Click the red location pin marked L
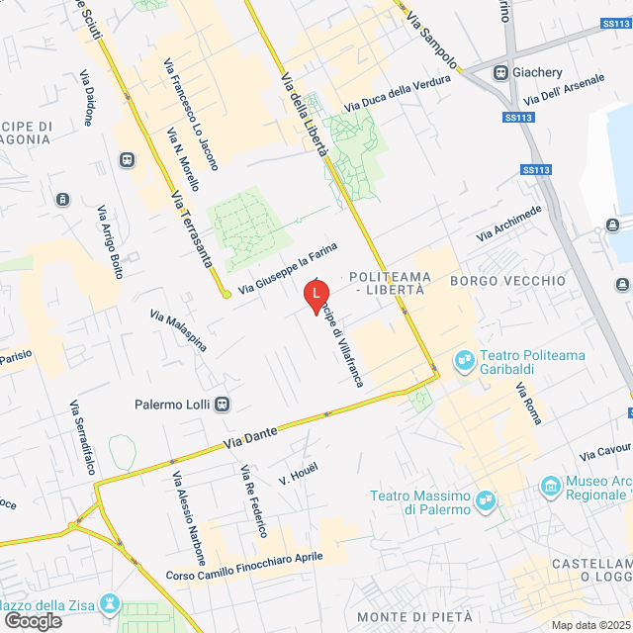click(316, 296)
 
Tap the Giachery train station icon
click(502, 72)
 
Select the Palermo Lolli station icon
click(224, 404)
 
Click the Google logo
click(33, 620)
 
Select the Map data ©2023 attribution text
click(589, 624)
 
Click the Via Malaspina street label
click(178, 329)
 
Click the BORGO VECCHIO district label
click(507, 281)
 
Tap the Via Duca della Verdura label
click(391, 95)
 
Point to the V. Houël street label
click(298, 474)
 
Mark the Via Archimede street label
click(508, 224)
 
